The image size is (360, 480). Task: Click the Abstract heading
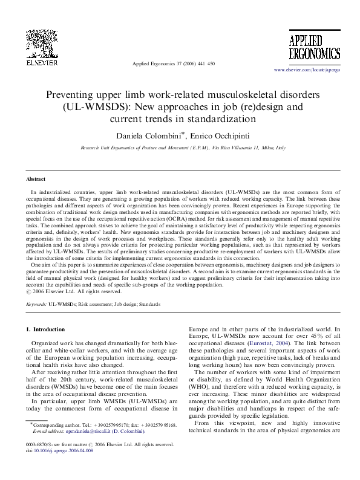click(36, 180)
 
